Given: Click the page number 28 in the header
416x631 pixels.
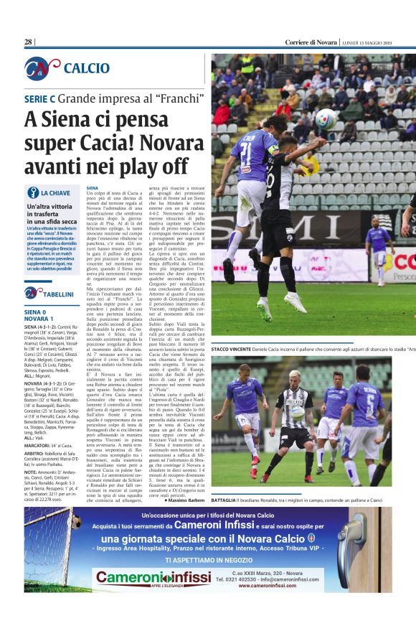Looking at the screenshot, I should click(29, 42).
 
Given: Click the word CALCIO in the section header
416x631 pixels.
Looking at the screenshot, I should click(87, 68).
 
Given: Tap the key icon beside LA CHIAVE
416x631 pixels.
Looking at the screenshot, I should click(32, 192).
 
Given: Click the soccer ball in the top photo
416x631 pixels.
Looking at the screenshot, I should click(326, 118).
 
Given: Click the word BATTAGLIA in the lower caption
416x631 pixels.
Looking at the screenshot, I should click(228, 500).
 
